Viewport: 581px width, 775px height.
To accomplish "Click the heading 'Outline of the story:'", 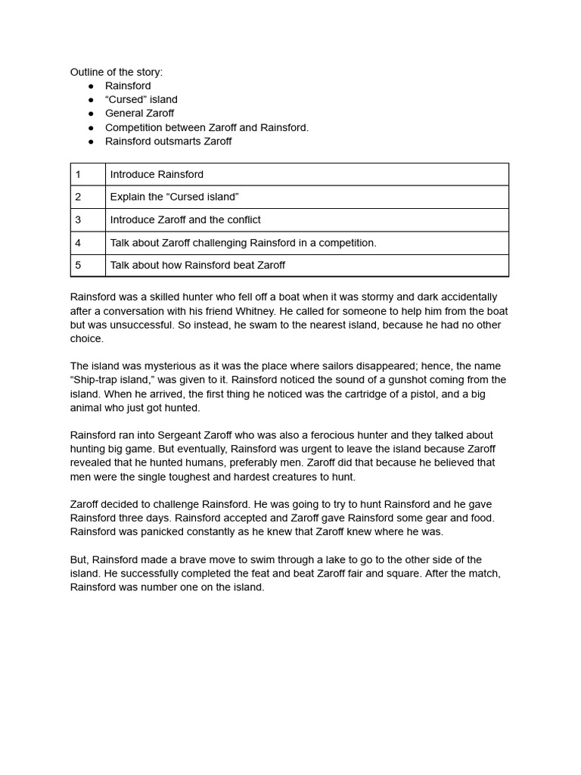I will pos(117,72).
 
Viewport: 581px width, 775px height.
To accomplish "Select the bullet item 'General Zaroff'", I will pos(139,114).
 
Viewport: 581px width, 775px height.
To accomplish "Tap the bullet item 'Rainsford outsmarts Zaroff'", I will pos(168,141).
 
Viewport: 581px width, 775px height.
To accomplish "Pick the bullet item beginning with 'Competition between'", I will pos(207,127).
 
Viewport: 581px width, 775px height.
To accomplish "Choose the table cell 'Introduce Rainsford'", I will pos(157,174).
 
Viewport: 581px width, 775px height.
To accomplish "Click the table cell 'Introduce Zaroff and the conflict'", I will pos(185,219).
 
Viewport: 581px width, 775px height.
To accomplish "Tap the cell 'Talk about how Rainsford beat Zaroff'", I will pos(197,265).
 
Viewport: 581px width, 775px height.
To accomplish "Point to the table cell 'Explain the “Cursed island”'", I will pos(174,197).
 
